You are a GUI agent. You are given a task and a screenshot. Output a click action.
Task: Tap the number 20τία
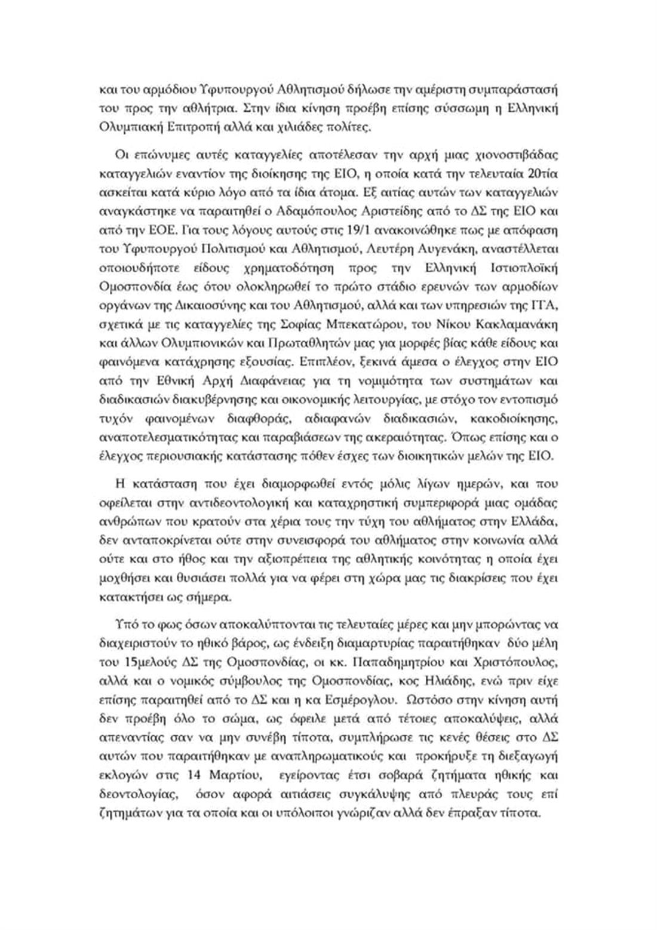(x=542, y=174)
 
